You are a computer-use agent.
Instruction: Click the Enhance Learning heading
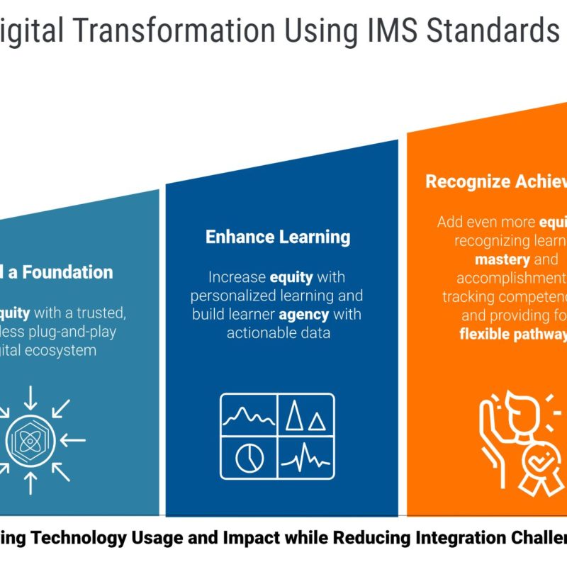tap(278, 237)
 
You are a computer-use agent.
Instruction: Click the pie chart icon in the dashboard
tap(249, 457)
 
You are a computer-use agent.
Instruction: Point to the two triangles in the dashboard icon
tap(305, 417)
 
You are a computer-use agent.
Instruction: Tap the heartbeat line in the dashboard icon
tap(305, 458)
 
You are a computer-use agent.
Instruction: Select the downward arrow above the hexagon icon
tap(30, 398)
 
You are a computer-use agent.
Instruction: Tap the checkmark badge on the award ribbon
tap(536, 464)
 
